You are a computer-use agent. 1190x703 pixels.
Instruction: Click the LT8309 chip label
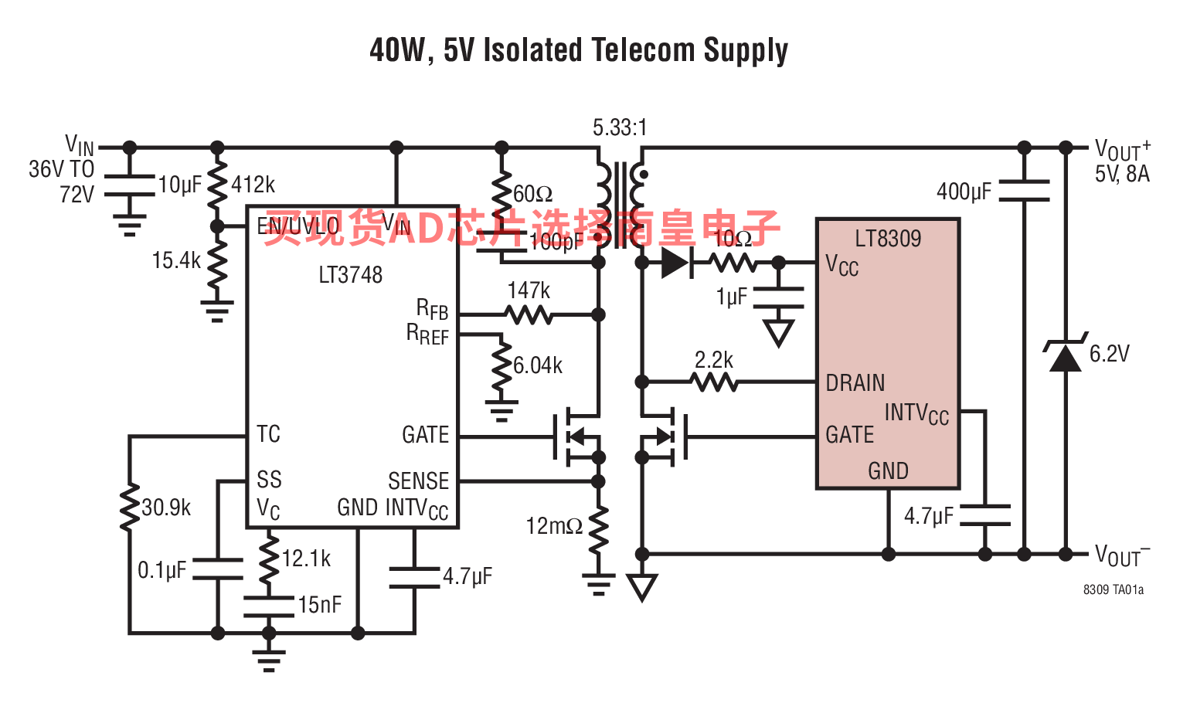888,239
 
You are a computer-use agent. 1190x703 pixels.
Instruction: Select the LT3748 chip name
350,275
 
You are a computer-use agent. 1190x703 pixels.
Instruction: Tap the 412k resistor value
253,185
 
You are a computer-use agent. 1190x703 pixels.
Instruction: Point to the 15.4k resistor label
176,261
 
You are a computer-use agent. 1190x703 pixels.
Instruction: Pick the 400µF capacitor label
964,192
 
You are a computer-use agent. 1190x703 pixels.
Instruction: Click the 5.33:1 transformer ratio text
620,127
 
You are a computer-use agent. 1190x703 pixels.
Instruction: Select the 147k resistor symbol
529,314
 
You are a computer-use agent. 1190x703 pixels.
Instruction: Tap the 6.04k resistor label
538,365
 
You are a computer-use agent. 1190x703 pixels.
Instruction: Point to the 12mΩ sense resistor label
554,527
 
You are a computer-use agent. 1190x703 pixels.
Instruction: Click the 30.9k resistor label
166,508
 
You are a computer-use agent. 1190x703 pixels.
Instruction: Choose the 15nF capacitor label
320,605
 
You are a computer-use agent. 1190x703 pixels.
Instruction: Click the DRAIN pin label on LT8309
855,383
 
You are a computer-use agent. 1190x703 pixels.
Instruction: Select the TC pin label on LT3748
268,434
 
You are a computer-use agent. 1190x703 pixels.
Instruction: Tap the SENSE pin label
418,481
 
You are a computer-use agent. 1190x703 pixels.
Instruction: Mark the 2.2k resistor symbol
714,382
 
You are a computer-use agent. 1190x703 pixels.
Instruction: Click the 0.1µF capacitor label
162,571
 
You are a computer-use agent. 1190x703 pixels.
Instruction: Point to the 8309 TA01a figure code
1113,590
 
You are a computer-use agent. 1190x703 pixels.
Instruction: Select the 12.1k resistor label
306,559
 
